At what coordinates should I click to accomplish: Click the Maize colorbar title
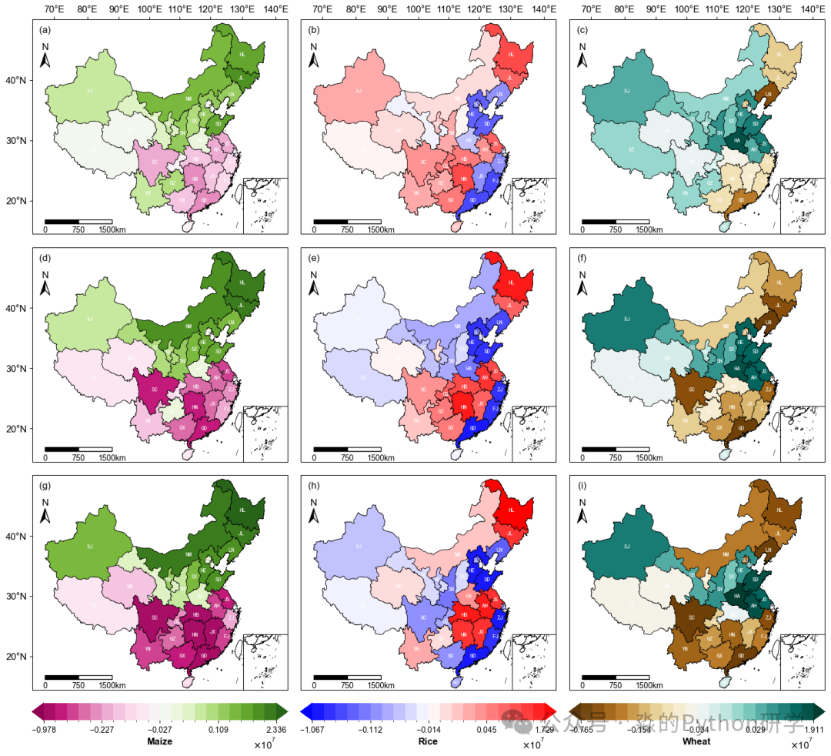pos(159,741)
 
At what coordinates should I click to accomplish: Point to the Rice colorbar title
pos(428,741)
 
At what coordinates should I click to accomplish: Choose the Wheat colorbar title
pos(696,741)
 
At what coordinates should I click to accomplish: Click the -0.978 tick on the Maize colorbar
pos(47,729)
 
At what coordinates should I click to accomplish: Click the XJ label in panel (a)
pos(89,91)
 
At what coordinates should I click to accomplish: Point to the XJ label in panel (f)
pos(626,319)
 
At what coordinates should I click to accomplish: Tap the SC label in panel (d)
pos(154,390)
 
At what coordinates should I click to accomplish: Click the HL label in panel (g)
pos(242,510)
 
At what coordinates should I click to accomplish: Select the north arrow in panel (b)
pos(313,55)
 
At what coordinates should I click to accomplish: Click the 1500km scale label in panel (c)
pos(649,230)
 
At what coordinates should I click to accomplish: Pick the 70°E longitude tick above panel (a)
pos(55,9)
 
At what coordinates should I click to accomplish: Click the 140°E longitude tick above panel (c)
pos(813,9)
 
